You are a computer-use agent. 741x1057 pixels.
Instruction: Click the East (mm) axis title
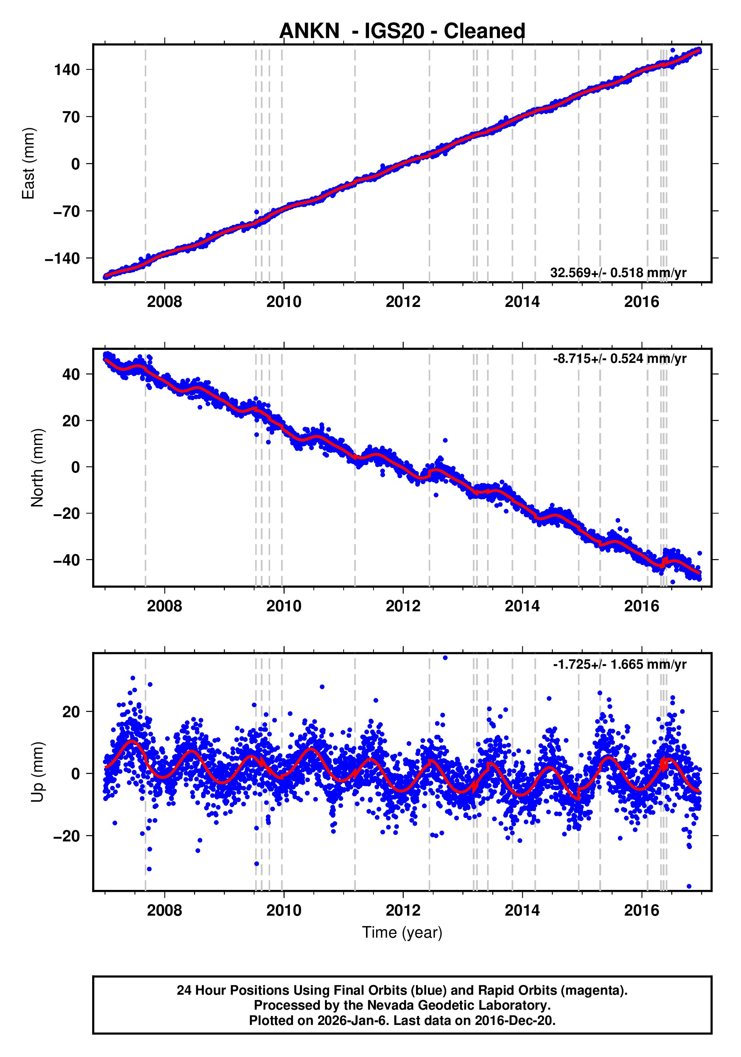pyautogui.click(x=29, y=163)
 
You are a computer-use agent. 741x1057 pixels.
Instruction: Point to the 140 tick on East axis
pyautogui.click(x=67, y=70)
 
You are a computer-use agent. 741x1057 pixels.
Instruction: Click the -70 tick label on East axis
pyautogui.click(x=67, y=211)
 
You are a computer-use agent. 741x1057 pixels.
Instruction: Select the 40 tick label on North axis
pyautogui.click(x=71, y=374)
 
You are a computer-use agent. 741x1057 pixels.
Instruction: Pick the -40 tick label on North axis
pyautogui.click(x=67, y=560)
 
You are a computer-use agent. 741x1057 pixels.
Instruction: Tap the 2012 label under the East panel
pyautogui.click(x=403, y=302)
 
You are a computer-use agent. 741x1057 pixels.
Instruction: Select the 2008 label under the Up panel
pyautogui.click(x=165, y=910)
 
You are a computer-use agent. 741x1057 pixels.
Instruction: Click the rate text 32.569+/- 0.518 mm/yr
pyautogui.click(x=618, y=273)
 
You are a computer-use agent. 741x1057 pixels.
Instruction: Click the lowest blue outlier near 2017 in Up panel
pyautogui.click(x=689, y=886)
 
